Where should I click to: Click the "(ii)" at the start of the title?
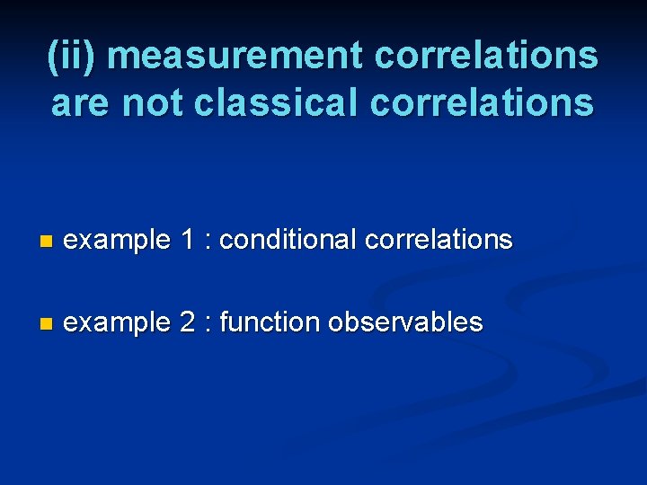coord(76,56)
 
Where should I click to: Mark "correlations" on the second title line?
coord(482,102)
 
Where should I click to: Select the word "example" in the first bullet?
coord(118,241)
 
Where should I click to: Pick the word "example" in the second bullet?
coord(118,322)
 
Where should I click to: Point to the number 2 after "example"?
coord(187,322)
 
